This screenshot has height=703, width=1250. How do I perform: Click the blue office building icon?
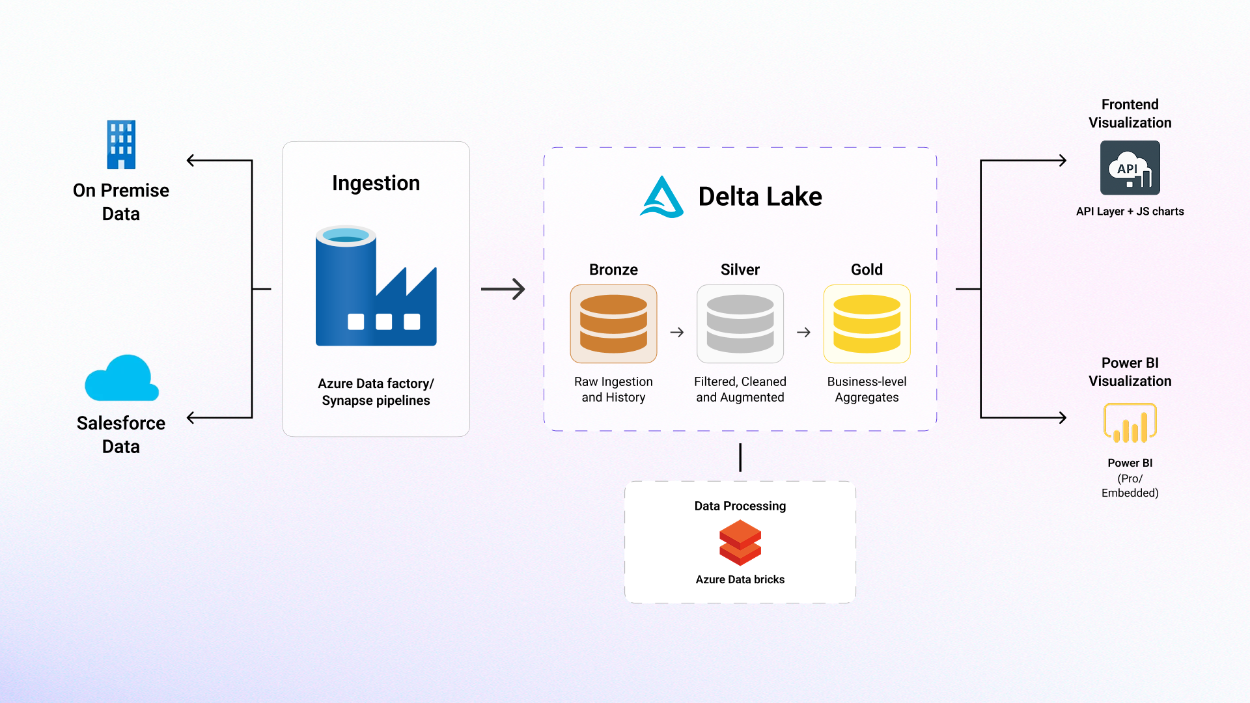pyautogui.click(x=121, y=145)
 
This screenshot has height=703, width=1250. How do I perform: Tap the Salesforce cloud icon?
pyautogui.click(x=122, y=379)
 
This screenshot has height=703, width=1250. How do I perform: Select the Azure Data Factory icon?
pyautogui.click(x=376, y=286)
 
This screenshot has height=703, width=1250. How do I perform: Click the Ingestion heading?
pyautogui.click(x=376, y=183)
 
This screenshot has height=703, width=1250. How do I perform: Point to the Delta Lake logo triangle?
pyautogui.click(x=661, y=197)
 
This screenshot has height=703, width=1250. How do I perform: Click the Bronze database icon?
pyautogui.click(x=613, y=324)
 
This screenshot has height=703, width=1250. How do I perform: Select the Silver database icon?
pyautogui.click(x=740, y=324)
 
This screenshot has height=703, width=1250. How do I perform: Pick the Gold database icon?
pyautogui.click(x=867, y=324)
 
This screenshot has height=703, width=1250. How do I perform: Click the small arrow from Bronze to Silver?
pyautogui.click(x=677, y=333)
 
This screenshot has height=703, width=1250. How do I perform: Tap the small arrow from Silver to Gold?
pyautogui.click(x=804, y=333)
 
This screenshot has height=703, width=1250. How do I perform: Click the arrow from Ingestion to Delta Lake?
pyautogui.click(x=503, y=289)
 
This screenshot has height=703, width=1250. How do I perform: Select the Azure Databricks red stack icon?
pyautogui.click(x=740, y=543)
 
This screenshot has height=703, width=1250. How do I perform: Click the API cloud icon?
pyautogui.click(x=1130, y=168)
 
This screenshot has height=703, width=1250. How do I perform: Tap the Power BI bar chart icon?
pyautogui.click(x=1130, y=423)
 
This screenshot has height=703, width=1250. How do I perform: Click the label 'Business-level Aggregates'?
pyautogui.click(x=867, y=389)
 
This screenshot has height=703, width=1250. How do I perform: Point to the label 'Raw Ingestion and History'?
pyautogui.click(x=613, y=389)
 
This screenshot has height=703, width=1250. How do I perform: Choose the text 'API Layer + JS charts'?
pyautogui.click(x=1130, y=212)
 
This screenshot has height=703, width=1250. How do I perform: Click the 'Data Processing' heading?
pyautogui.click(x=740, y=506)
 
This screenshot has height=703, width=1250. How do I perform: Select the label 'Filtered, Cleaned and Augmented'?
pyautogui.click(x=740, y=389)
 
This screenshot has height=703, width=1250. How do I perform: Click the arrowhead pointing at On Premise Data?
pyautogui.click(x=191, y=160)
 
